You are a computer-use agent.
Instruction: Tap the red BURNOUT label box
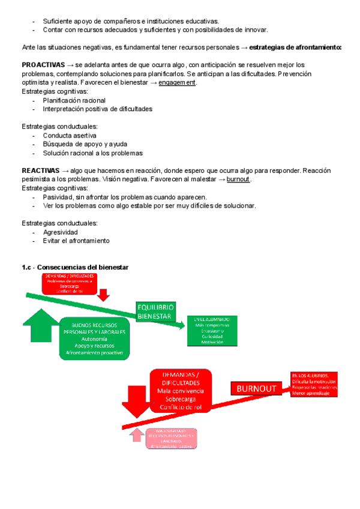tap(257, 388)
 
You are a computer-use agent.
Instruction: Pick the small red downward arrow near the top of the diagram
tap(103, 294)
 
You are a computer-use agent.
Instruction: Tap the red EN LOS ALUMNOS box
tap(314, 385)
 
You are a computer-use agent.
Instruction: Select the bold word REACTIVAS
tap(41, 170)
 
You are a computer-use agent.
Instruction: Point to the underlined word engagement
tap(177, 82)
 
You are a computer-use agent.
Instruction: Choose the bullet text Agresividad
tap(60, 232)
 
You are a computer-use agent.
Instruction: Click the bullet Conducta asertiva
tap(69, 136)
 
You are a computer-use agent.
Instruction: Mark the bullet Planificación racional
tap(74, 100)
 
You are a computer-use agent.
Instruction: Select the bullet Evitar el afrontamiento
tap(76, 241)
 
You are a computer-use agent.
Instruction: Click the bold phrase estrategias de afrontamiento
tap(295, 47)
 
